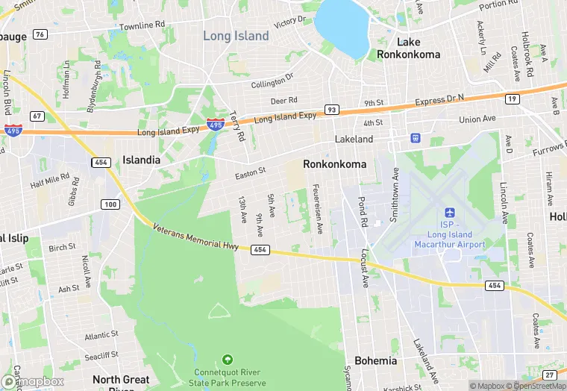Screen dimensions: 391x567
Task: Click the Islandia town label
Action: (141, 160)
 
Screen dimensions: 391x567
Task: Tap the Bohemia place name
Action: (376, 360)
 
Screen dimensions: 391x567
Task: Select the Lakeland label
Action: (354, 140)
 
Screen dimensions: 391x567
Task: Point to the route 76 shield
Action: (40, 34)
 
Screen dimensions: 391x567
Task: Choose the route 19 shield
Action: (512, 98)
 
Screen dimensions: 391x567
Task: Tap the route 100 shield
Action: (110, 204)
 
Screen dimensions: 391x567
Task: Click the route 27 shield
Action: (550, 375)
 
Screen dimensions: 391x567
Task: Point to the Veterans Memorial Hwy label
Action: (195, 238)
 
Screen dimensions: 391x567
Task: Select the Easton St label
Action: (250, 173)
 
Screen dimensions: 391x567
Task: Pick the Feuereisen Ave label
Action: (319, 207)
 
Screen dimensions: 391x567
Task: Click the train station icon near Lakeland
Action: (416, 138)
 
